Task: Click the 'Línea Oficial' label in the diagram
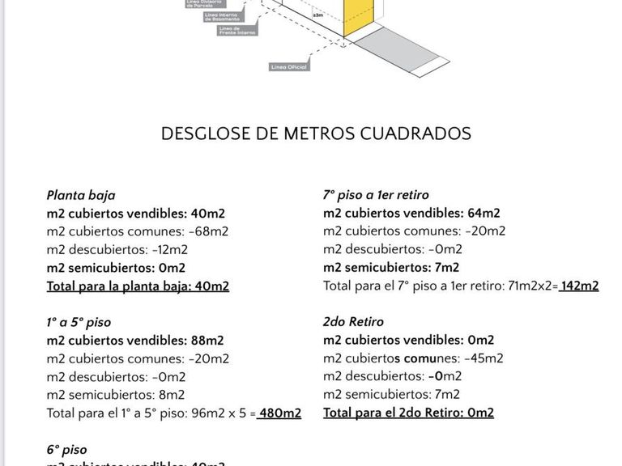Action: click(288, 67)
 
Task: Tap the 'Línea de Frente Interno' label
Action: click(237, 30)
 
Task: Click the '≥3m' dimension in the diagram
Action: click(317, 15)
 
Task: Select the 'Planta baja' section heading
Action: click(81, 195)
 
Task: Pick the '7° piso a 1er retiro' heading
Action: click(376, 195)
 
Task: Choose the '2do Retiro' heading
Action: click(353, 322)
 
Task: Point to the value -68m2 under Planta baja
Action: click(209, 231)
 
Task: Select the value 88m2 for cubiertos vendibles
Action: click(208, 341)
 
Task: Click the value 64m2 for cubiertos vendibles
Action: click(484, 214)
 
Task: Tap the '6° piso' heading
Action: click(66, 450)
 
